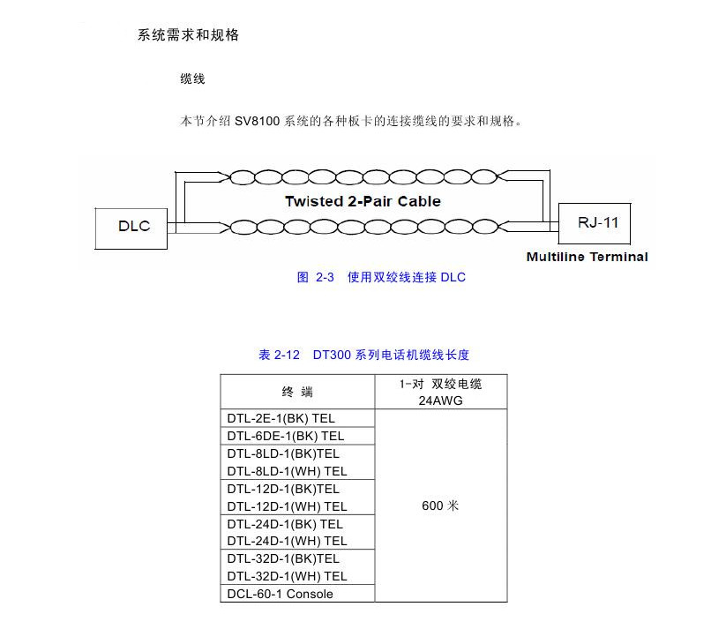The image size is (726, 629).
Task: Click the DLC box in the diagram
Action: (x=134, y=226)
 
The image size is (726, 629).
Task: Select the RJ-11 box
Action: (x=597, y=221)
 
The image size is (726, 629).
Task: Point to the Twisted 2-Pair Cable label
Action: (x=362, y=201)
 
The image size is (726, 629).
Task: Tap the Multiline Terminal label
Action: (x=587, y=257)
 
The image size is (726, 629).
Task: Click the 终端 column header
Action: (x=297, y=392)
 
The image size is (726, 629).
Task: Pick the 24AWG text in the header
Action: (x=441, y=400)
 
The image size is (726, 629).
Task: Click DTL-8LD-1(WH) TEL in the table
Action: (x=287, y=471)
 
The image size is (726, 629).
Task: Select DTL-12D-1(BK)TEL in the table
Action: (x=282, y=489)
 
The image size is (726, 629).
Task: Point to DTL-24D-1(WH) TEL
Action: (x=287, y=541)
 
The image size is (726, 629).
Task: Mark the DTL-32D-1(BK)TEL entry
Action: (x=282, y=558)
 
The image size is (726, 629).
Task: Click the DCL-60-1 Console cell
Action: (x=280, y=594)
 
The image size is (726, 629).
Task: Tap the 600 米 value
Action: (x=440, y=505)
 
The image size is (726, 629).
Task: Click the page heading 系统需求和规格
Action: (x=188, y=35)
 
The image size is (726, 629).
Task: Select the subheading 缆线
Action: (x=192, y=79)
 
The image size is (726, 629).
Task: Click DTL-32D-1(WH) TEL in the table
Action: (x=287, y=576)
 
